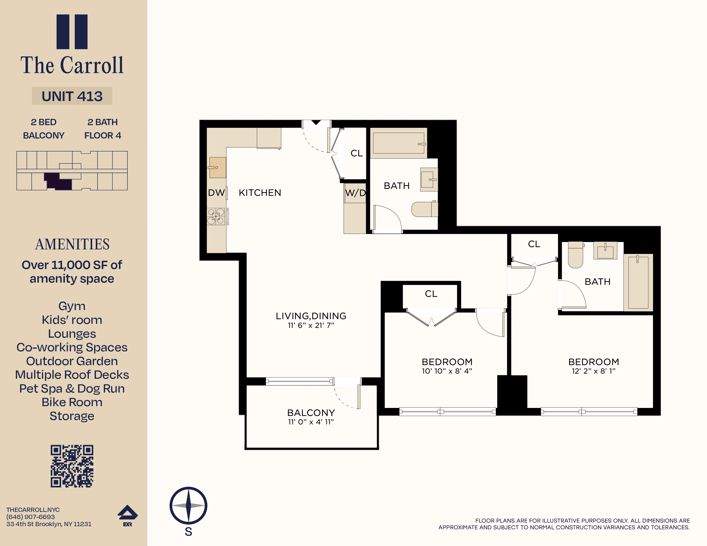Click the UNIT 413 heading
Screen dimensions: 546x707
pos(72,96)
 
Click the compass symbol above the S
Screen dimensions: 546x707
pos(188,505)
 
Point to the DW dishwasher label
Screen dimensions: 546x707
pos(216,193)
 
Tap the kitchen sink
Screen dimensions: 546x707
pos(218,168)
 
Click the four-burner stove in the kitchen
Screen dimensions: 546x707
pos(216,216)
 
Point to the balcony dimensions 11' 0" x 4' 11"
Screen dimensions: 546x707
pos(311,422)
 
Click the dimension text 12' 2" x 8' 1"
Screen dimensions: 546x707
pos(593,371)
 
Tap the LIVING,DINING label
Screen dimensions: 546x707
pos(311,316)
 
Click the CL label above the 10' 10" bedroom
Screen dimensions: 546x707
pos(431,294)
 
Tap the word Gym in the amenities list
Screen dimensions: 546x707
pos(72,306)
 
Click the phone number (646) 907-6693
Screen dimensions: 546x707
pos(31,517)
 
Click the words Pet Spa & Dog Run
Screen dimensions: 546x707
pos(72,389)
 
